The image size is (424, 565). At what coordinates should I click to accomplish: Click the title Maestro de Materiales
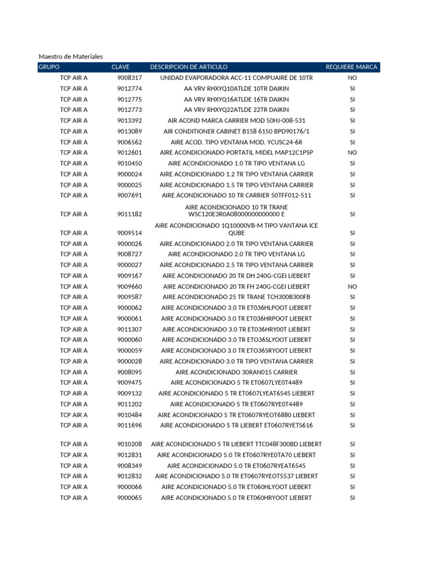coord(71,56)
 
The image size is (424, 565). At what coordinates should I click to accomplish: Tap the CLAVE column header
coord(120,67)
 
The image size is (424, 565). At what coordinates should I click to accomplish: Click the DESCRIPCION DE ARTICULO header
coord(188,67)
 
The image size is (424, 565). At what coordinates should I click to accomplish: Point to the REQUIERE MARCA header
coord(352,67)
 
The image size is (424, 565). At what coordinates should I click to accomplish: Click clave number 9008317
coord(129,78)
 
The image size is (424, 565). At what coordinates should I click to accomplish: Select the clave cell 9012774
coord(129,89)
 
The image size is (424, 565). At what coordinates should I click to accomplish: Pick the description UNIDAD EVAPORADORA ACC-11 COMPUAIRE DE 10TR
coord(236,78)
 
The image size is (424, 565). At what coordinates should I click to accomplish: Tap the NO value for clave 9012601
coord(352,153)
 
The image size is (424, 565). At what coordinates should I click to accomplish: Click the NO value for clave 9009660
coord(352,286)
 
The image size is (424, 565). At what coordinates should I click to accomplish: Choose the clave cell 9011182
coord(129,214)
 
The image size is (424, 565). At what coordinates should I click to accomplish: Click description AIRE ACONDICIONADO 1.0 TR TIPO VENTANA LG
coord(236,163)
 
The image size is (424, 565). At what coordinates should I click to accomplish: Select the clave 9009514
coord(129,233)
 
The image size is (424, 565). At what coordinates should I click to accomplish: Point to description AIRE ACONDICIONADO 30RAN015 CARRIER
coord(236,372)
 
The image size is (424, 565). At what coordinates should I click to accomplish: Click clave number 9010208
coord(129,444)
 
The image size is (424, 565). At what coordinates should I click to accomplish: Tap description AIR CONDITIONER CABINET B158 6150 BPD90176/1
coord(236,131)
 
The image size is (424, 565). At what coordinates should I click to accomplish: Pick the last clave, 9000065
coord(129,498)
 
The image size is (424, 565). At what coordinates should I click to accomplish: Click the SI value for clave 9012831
coord(352,455)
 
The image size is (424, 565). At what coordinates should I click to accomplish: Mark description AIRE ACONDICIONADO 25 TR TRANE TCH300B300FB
coord(236,297)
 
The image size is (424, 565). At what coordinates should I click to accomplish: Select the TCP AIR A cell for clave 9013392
coord(73,121)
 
